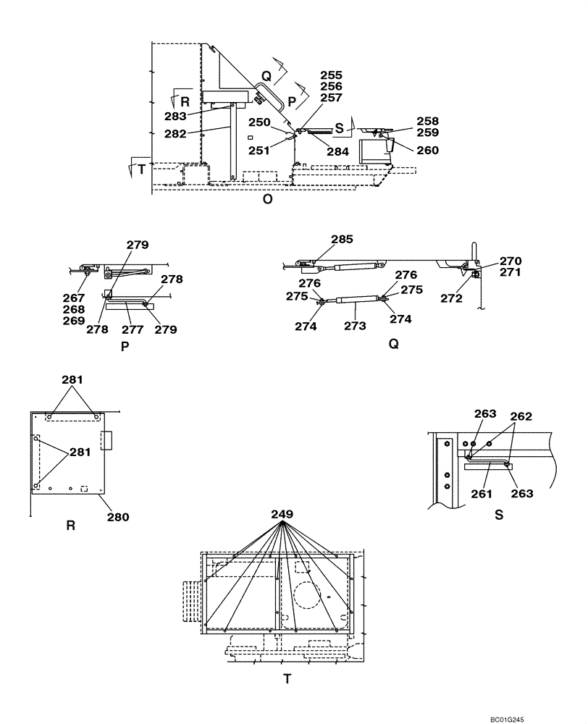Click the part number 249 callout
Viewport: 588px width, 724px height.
point(282,514)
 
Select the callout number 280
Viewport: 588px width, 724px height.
point(118,517)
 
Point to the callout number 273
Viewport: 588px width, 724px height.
point(355,326)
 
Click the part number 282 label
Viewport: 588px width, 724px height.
point(176,133)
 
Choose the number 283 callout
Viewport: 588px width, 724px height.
point(176,116)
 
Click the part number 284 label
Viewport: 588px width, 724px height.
point(337,152)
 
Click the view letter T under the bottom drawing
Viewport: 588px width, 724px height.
point(287,679)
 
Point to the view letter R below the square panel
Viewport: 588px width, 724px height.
point(70,526)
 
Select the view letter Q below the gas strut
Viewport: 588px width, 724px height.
point(394,345)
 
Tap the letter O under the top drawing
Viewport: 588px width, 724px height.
point(267,200)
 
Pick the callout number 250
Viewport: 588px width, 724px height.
point(261,122)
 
